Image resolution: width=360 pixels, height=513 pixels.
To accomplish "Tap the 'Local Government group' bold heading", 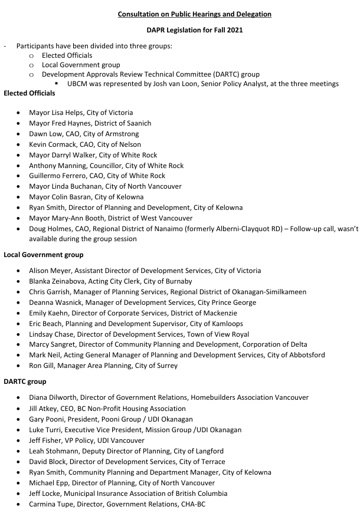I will click(43, 255).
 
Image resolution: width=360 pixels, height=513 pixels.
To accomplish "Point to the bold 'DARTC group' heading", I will click(25, 382).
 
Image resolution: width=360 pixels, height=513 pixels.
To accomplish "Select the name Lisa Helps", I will click(67, 113).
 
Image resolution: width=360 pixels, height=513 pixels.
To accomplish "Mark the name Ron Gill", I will click(42, 366).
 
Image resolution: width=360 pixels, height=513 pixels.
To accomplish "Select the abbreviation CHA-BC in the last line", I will click(192, 504).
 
